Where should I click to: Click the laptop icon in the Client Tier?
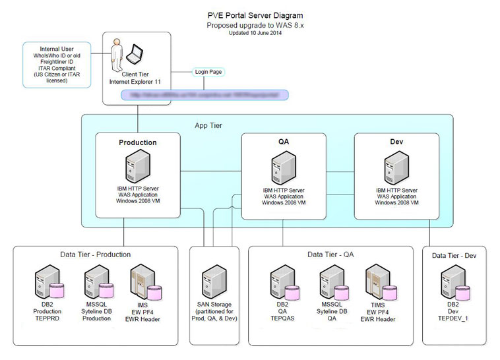137,55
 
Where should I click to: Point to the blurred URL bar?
205,95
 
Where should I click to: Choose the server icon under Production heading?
137,166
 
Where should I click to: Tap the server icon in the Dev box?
396,169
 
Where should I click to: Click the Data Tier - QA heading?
336,254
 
